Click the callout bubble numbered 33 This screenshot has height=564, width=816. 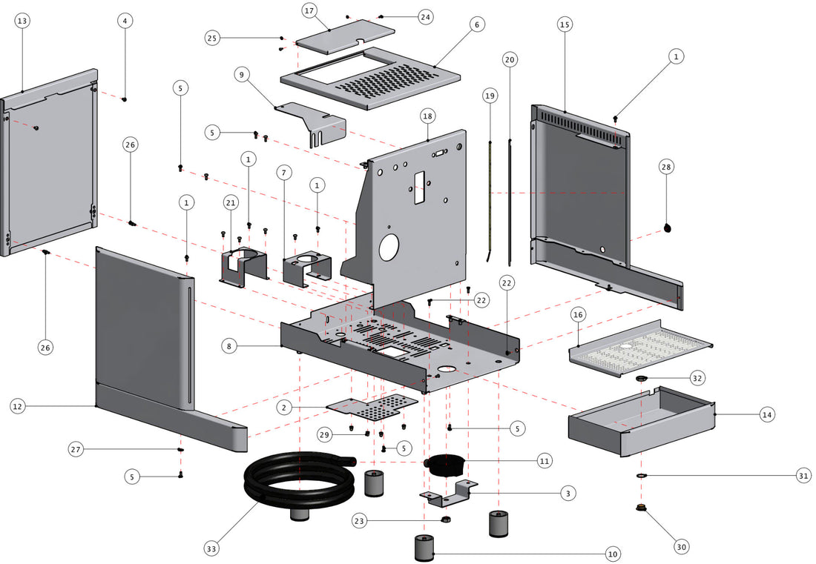(212, 548)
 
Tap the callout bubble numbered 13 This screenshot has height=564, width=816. (22, 21)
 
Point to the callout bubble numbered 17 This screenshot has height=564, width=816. (309, 11)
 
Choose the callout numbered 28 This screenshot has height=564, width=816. (665, 167)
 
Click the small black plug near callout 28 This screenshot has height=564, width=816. (668, 229)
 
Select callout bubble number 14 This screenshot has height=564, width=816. (767, 415)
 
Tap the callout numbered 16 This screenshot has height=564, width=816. (579, 315)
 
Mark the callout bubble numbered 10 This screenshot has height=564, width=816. (612, 554)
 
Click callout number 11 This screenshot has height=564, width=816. (545, 460)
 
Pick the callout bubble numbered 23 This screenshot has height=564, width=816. (360, 521)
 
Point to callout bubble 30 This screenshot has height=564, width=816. (682, 547)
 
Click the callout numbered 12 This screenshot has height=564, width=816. (19, 405)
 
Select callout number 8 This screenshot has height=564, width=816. (229, 346)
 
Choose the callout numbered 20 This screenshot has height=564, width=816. (509, 59)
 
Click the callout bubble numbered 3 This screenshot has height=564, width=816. (567, 492)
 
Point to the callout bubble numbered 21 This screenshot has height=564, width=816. (231, 203)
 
